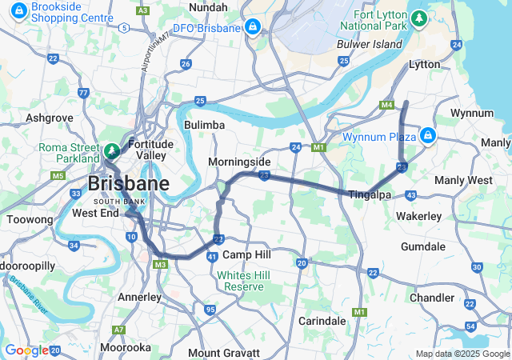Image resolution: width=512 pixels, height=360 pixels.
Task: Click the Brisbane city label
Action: coord(128,184)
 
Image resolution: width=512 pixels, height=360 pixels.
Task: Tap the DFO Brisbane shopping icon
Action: coord(253,27)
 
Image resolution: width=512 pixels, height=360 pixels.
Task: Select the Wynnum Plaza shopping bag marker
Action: coord(429,135)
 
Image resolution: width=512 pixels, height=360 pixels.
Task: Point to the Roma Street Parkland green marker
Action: coord(111,150)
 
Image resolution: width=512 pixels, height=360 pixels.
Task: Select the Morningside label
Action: coord(239,162)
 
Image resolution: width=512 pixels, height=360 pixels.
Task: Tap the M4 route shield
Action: coord(387,105)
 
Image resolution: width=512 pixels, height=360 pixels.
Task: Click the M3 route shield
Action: coord(160,264)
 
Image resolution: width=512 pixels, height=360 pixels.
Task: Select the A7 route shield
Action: coord(118,330)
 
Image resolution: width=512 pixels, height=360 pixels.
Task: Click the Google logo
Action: coord(26,350)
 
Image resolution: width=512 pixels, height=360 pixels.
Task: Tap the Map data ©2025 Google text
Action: coord(462,354)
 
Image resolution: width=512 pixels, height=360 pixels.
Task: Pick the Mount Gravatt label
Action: coord(224,353)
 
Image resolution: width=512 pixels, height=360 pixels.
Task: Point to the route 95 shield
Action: coord(210,310)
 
